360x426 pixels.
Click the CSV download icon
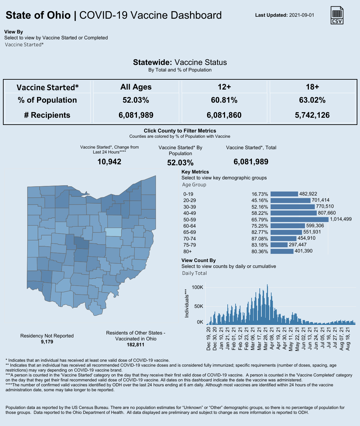pyautogui.click(x=337, y=15)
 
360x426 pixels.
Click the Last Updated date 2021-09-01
pyautogui.click(x=301, y=15)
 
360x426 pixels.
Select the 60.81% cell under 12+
pyautogui.click(x=224, y=100)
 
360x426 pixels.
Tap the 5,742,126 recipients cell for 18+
pyautogui.click(x=312, y=115)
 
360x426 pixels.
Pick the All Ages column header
pyautogui.click(x=136, y=87)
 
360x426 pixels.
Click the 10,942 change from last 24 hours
pyautogui.click(x=109, y=162)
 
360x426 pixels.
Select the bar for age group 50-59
pyautogui.click(x=299, y=219)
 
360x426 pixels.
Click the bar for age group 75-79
pyautogui.click(x=279, y=245)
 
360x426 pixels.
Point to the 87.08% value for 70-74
pyautogui.click(x=260, y=239)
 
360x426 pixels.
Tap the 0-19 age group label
pyautogui.click(x=188, y=194)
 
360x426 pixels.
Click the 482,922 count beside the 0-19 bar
pyautogui.click(x=308, y=194)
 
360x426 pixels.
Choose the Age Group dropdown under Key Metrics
pyautogui.click(x=194, y=185)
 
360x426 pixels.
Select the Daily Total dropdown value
pyautogui.click(x=195, y=273)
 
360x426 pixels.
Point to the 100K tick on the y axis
pyautogui.click(x=198, y=287)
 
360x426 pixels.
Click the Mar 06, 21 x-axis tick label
pyautogui.click(x=253, y=339)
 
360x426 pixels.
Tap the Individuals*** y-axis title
pyautogui.click(x=187, y=303)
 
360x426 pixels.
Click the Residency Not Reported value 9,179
pyautogui.click(x=47, y=342)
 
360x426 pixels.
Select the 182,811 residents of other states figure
pyautogui.click(x=135, y=345)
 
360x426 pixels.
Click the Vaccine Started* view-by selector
pyautogui.click(x=24, y=45)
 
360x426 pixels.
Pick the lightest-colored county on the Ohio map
pyautogui.click(x=113, y=232)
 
